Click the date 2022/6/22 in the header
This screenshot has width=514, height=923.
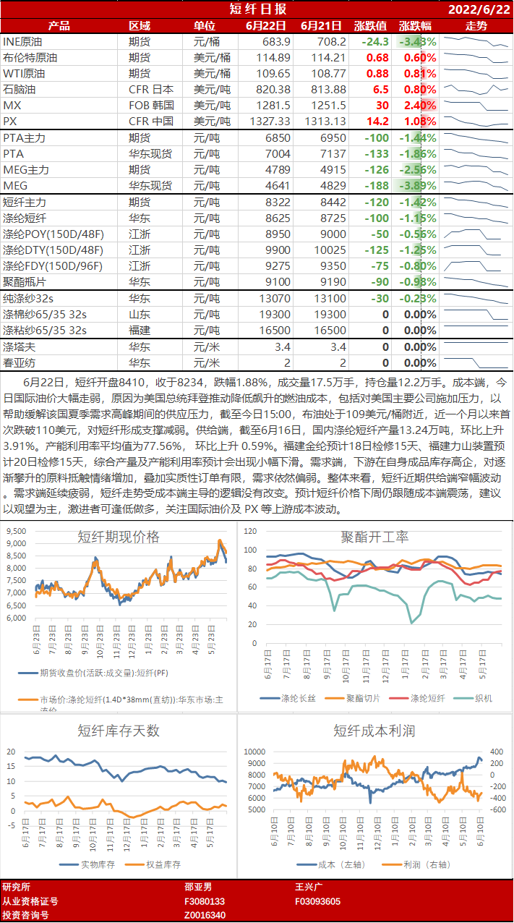(479, 9)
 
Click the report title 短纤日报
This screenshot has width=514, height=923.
(257, 9)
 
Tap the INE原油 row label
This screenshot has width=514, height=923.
(23, 42)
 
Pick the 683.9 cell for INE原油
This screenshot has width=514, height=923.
(277, 42)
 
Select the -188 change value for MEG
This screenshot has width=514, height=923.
(376, 185)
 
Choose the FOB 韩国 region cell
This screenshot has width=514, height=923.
(150, 106)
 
